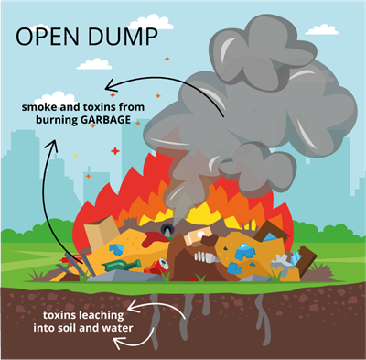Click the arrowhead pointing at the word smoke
click(x=112, y=94)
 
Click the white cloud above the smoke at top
click(x=152, y=20)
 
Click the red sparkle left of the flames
click(x=114, y=150)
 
